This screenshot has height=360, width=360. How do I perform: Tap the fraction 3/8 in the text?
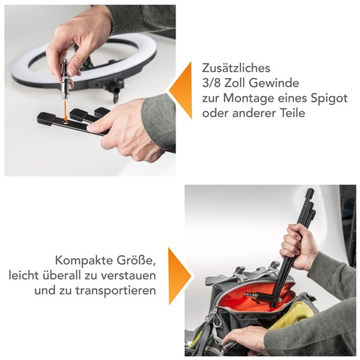coord(211,83)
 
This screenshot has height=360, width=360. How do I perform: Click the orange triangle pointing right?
coord(179,276)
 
